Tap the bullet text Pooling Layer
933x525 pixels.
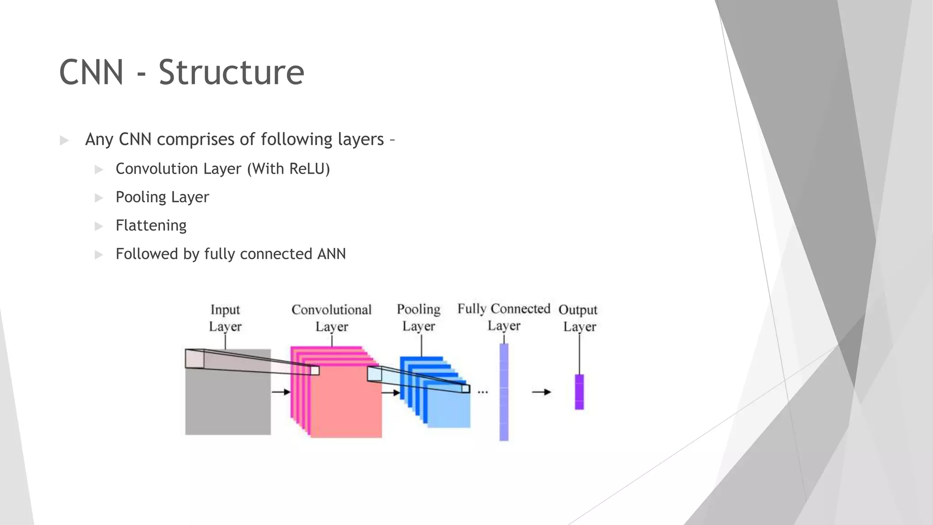[x=162, y=197]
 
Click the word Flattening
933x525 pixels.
[x=151, y=226]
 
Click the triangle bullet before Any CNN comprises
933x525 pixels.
[x=64, y=140]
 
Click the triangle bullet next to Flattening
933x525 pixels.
[x=99, y=226]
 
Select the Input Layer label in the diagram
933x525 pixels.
[x=225, y=318]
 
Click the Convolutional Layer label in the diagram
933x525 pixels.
[x=332, y=318]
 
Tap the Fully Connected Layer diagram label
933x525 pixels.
[x=504, y=317]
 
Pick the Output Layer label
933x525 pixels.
[x=579, y=318]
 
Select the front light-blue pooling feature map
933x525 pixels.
[x=449, y=408]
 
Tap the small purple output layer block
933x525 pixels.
[x=579, y=392]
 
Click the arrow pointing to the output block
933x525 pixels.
[x=541, y=392]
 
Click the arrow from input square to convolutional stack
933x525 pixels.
[x=281, y=392]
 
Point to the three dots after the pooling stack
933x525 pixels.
[x=483, y=392]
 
